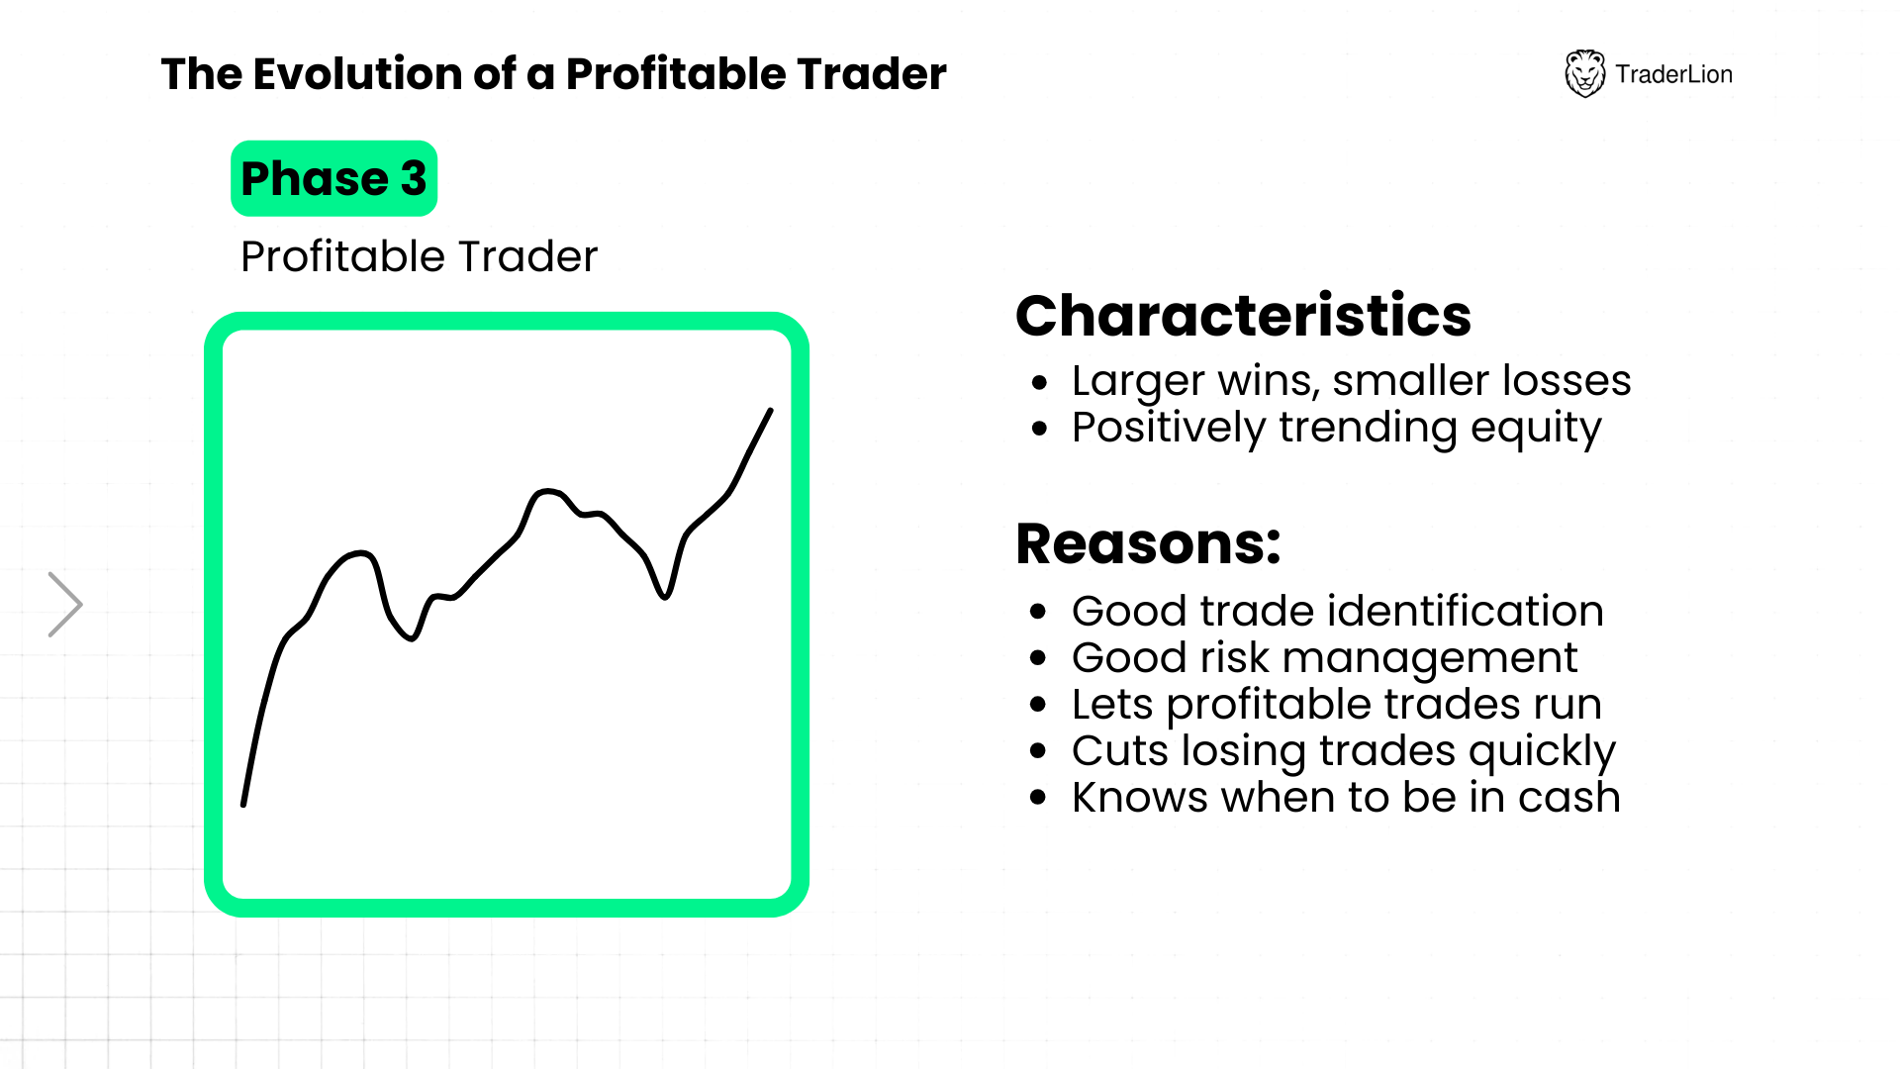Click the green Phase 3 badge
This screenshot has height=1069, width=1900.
[x=333, y=178]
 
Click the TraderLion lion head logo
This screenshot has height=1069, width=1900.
[x=1584, y=73]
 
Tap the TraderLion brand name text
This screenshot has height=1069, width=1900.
[x=1673, y=74]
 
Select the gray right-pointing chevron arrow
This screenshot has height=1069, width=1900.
[x=65, y=604]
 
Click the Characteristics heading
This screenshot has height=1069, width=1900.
[x=1243, y=315]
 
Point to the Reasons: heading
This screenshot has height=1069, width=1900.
[x=1148, y=543]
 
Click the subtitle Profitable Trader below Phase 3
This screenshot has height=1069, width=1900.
[x=419, y=256]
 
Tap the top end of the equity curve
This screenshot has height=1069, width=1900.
[x=771, y=410]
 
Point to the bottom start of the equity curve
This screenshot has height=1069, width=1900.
[x=243, y=804]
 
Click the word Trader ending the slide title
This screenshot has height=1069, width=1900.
[x=872, y=74]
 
